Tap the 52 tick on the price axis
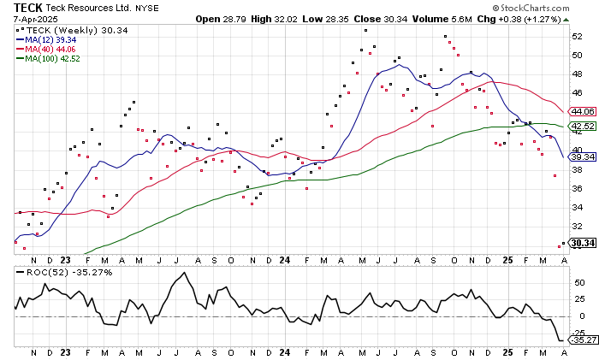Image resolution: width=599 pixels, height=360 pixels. [578, 37]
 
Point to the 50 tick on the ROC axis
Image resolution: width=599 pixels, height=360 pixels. [578, 281]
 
